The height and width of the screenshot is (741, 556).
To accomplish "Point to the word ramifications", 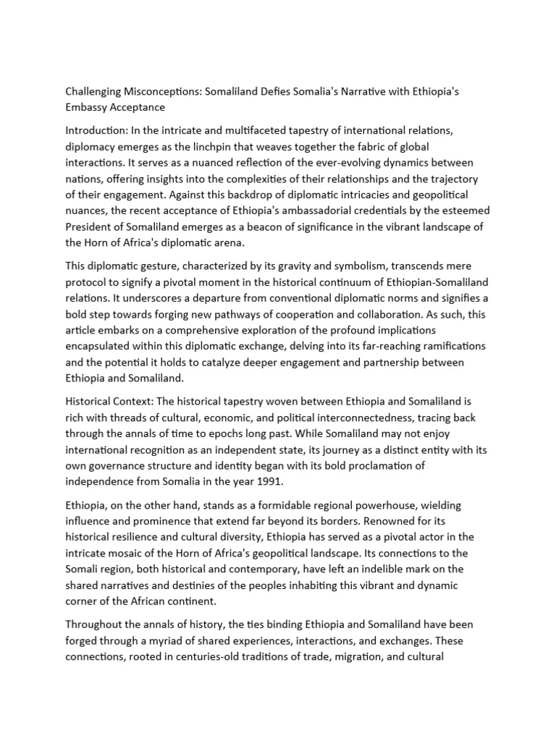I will click(x=450, y=346).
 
